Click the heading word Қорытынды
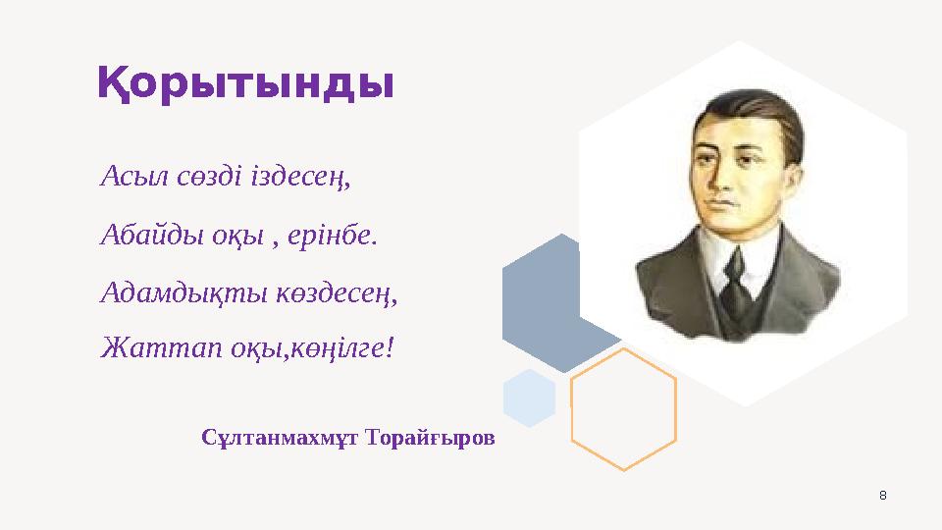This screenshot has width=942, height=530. click(245, 84)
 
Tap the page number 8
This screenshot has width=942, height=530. click(881, 494)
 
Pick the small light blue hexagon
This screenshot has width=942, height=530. click(529, 397)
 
